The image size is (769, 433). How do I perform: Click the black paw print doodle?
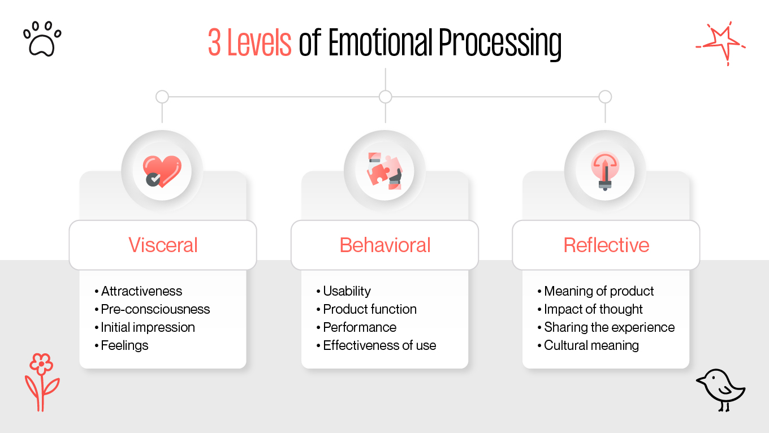(x=42, y=39)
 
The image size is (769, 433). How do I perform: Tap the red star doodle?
(x=719, y=43)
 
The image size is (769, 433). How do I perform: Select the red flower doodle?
(x=41, y=382)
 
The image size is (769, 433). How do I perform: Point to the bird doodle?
(x=722, y=388)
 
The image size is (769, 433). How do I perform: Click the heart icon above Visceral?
(x=162, y=171)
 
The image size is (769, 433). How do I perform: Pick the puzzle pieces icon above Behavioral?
(x=384, y=171)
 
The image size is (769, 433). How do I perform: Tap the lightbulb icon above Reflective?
(x=605, y=171)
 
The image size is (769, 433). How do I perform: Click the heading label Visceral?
(x=163, y=245)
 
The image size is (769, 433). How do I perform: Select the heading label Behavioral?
(x=384, y=245)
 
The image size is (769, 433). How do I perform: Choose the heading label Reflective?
(x=606, y=245)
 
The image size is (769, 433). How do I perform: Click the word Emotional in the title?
(x=381, y=43)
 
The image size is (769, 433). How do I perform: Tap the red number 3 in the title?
(x=214, y=43)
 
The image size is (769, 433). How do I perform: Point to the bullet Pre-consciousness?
(x=155, y=309)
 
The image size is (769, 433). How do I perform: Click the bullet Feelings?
(x=124, y=345)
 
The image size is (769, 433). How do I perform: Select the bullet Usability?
(x=347, y=291)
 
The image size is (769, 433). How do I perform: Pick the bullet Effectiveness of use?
(x=379, y=345)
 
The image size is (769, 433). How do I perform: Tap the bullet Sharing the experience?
(x=609, y=327)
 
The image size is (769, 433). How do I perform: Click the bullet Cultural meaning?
(x=591, y=345)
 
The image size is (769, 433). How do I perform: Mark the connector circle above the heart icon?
(x=162, y=97)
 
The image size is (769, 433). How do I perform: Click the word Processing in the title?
(x=500, y=44)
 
